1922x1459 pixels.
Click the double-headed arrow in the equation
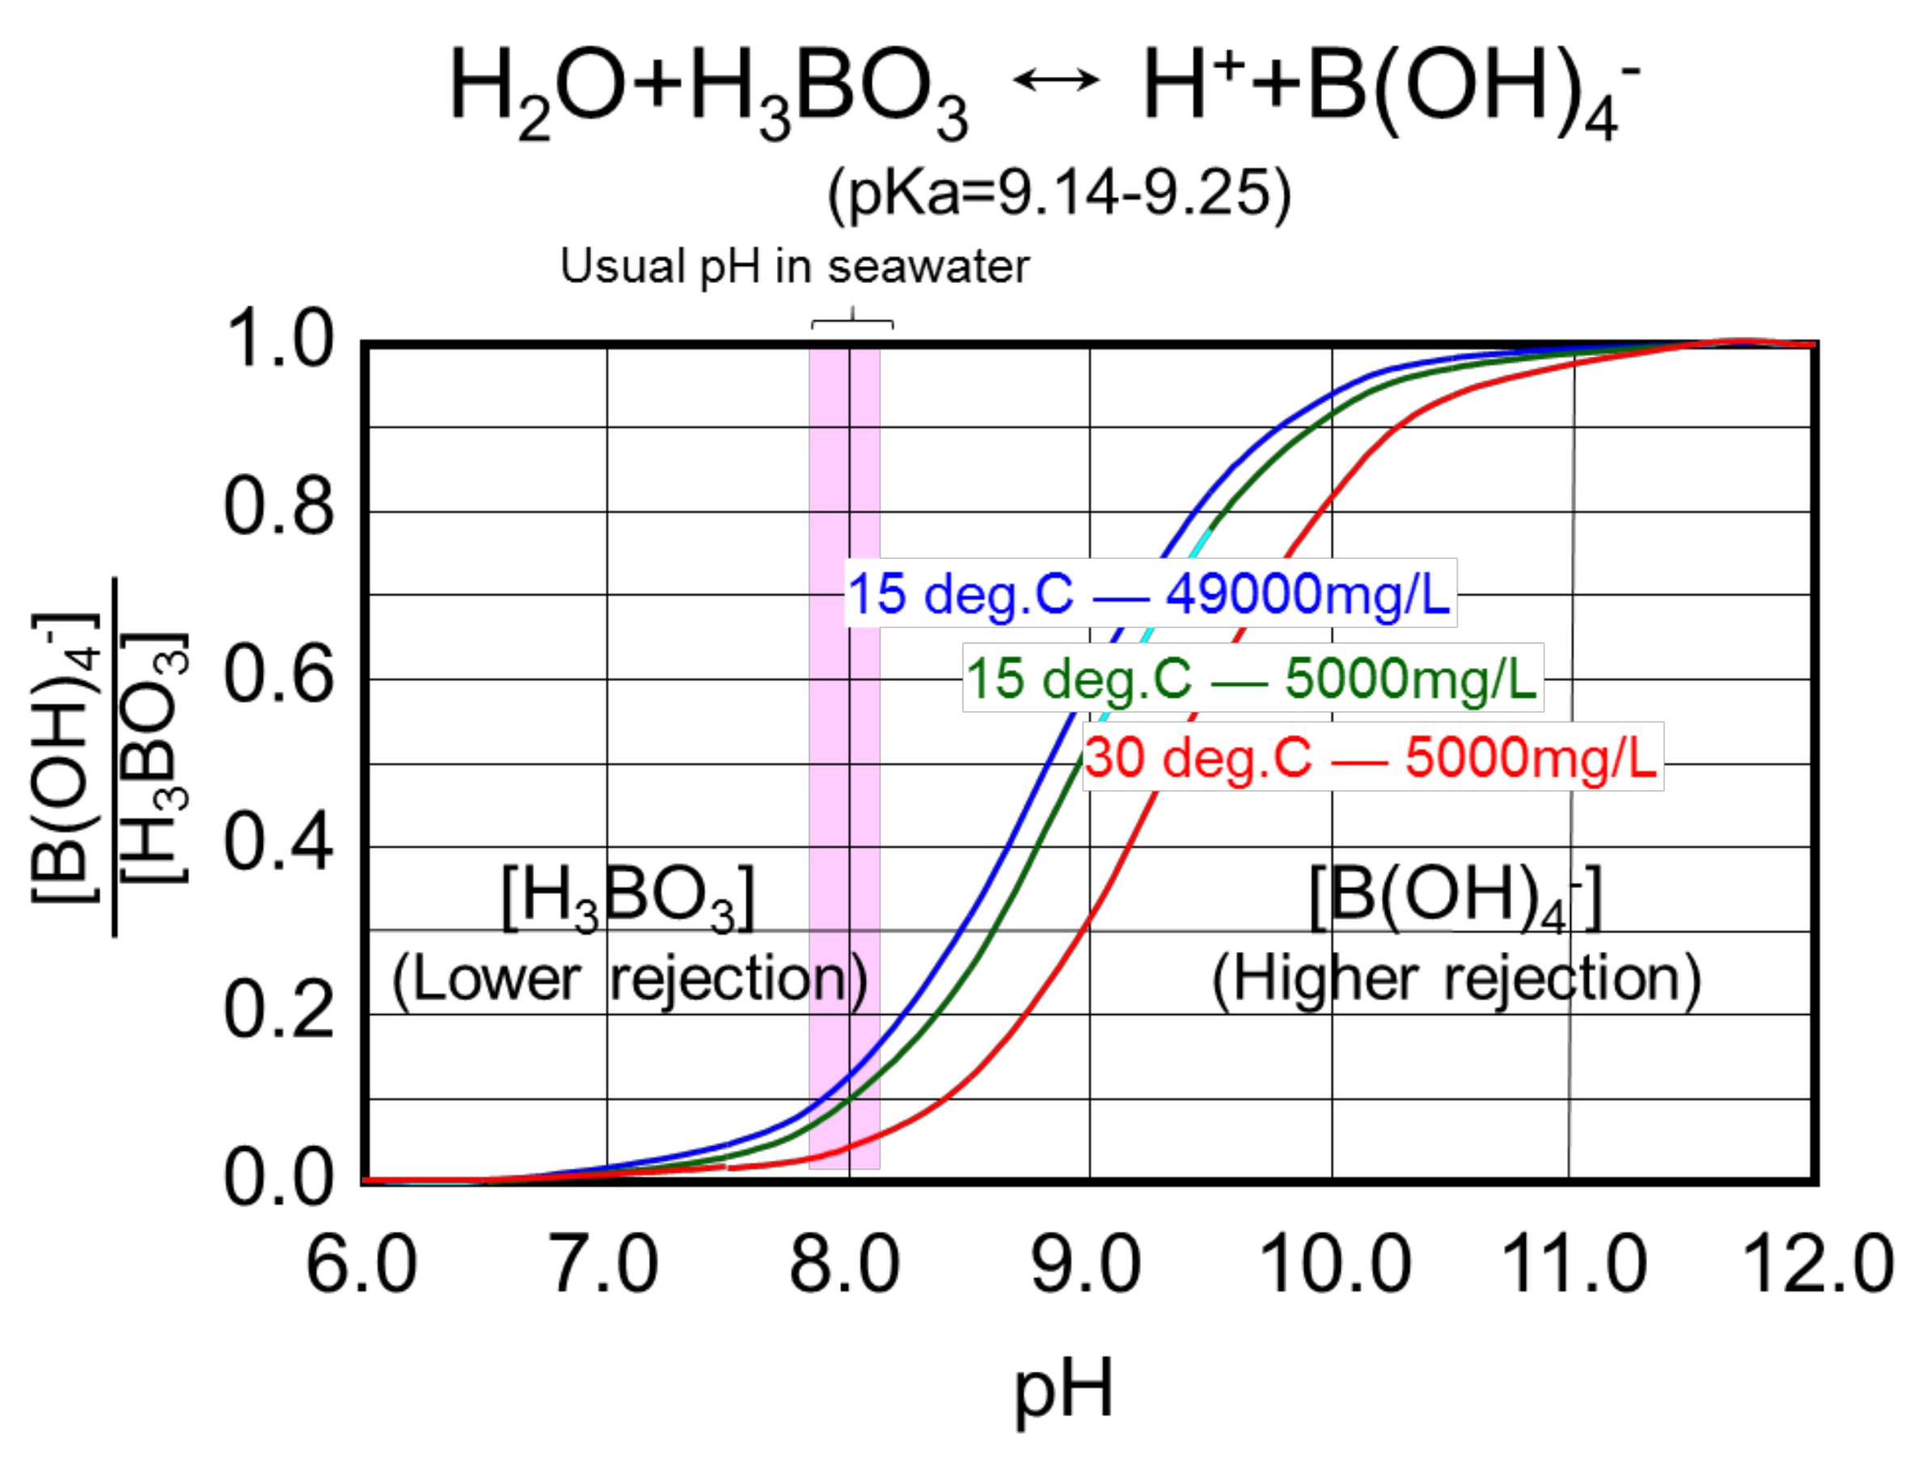[x=1056, y=81]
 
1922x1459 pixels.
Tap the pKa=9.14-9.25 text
[x=1059, y=193]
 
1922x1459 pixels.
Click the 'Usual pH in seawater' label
[x=794, y=266]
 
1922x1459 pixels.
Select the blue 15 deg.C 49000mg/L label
[x=1150, y=594]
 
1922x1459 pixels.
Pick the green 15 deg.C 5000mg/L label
[x=1252, y=678]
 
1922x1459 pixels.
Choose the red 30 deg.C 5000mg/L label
[x=1372, y=757]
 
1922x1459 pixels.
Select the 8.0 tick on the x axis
[x=845, y=1264]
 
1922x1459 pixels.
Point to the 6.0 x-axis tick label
[x=361, y=1264]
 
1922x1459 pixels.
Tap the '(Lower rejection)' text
[x=629, y=980]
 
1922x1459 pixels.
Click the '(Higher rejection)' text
[x=1456, y=980]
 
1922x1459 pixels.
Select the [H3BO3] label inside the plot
[x=627, y=899]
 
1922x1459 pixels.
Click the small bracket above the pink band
[x=852, y=323]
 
